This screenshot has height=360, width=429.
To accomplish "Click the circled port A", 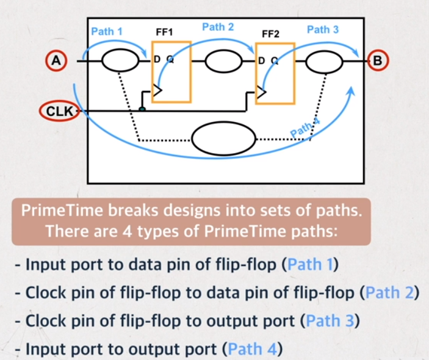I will pos(56,61).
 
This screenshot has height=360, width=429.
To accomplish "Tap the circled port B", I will pos(378,61).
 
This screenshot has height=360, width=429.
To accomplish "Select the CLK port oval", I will pos(60,112).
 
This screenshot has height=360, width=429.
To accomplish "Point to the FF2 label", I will pos(270,34).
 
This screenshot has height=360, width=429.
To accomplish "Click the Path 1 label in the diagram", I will pos(107,31).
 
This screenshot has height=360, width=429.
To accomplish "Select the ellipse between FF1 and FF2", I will pos(223,61).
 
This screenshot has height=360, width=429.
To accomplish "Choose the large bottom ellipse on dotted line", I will pos(224,139).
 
